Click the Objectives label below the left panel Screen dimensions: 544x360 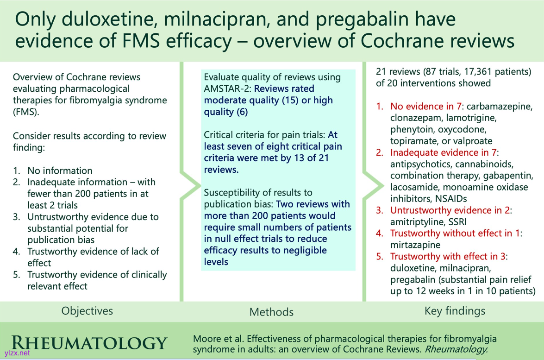pyautogui.click(x=87, y=311)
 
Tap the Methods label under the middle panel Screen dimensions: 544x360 pyautogui.click(x=271, y=312)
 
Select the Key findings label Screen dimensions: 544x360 pyautogui.click(x=455, y=311)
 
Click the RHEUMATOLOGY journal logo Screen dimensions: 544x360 pyautogui.click(x=89, y=343)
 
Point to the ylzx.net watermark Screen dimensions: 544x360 pyautogui.click(x=17, y=354)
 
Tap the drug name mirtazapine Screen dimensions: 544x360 pyautogui.click(x=415, y=245)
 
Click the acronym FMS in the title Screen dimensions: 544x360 pyautogui.click(x=141, y=41)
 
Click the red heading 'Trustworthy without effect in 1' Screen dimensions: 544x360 pyautogui.click(x=455, y=234)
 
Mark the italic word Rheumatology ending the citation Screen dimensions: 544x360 pyautogui.click(x=456, y=349)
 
